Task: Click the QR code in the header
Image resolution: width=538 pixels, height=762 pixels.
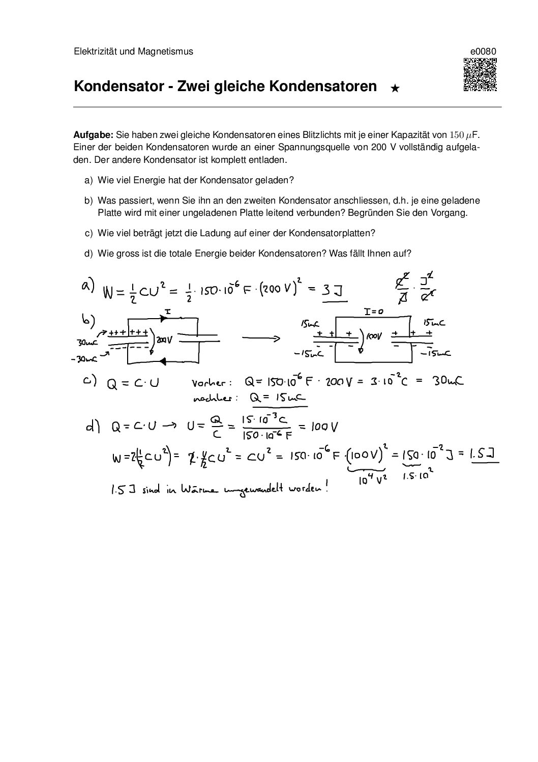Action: click(x=480, y=75)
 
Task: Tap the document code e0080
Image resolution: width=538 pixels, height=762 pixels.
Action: click(x=483, y=51)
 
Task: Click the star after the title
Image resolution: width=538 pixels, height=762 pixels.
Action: click(x=395, y=89)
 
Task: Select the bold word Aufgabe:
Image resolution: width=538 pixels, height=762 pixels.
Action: click(x=93, y=135)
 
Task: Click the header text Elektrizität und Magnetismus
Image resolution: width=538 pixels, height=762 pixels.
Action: click(x=133, y=51)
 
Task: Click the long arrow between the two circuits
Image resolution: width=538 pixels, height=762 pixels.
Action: click(x=260, y=338)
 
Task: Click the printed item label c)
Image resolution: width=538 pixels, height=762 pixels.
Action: click(x=89, y=233)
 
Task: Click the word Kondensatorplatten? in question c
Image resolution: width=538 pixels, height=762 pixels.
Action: click(x=332, y=233)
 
